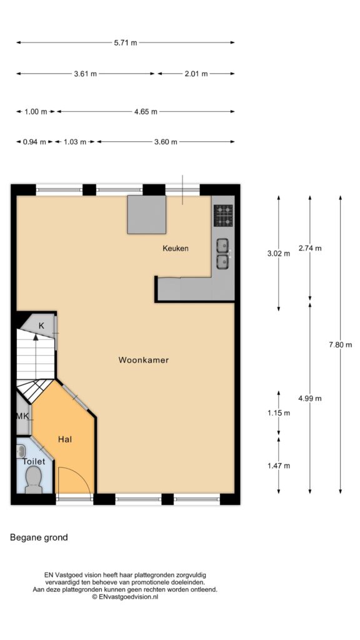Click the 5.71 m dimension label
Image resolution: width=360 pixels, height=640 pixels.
point(126,43)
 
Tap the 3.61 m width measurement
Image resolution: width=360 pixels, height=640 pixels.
point(85,74)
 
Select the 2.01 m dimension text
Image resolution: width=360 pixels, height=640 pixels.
point(196,74)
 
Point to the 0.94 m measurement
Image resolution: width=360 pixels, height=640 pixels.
point(34,142)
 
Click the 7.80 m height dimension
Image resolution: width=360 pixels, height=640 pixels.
point(341,345)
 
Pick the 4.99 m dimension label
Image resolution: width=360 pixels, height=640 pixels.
point(310,399)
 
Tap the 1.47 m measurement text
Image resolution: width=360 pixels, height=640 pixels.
point(279,466)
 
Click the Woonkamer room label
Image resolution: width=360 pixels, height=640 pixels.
point(144,360)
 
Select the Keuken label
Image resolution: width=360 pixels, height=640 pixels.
point(176,248)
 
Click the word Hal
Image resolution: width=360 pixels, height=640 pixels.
point(65,439)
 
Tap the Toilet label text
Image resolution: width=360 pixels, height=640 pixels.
point(34,462)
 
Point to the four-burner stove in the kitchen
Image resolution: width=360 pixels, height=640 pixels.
point(223,216)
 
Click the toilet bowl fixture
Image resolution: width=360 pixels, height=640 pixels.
point(34,481)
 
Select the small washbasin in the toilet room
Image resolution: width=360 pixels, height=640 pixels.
point(21,451)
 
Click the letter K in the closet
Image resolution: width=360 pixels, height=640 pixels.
point(41,326)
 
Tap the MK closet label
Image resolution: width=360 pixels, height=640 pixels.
point(22,416)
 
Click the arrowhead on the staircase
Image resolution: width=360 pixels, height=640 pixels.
point(36,337)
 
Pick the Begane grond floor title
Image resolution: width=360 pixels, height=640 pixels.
point(39,537)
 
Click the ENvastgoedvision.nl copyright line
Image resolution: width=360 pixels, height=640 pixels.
point(125,597)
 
